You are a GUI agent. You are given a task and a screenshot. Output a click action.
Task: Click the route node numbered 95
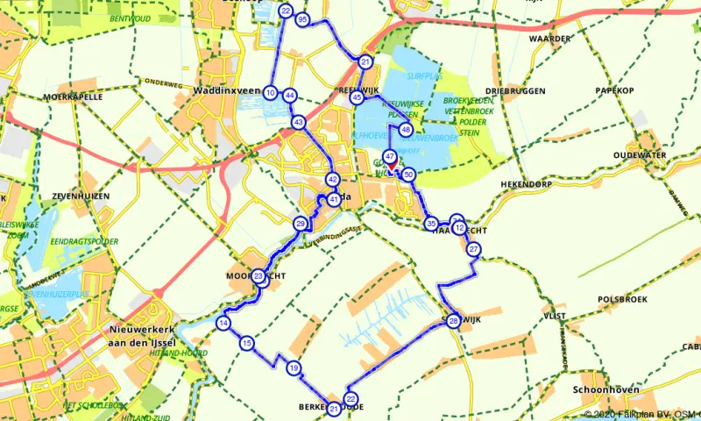pyautogui.click(x=303, y=19)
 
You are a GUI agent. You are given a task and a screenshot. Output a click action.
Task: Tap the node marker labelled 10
pyautogui.click(x=271, y=93)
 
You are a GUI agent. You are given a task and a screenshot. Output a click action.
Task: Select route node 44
pyautogui.click(x=289, y=96)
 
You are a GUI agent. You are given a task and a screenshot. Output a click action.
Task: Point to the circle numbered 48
pyautogui.click(x=405, y=130)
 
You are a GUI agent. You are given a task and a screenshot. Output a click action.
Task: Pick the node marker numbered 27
pyautogui.click(x=474, y=250)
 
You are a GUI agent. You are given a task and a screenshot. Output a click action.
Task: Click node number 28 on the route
pyautogui.click(x=453, y=322)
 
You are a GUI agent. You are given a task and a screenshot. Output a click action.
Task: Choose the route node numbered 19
pyautogui.click(x=294, y=368)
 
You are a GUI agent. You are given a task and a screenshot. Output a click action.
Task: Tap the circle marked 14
pyautogui.click(x=224, y=324)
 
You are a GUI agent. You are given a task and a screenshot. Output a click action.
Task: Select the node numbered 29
pyautogui.click(x=301, y=225)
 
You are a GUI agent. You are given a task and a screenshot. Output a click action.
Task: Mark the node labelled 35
pyautogui.click(x=431, y=225)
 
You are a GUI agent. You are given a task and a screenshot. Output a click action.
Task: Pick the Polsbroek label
pyautogui.click(x=621, y=299)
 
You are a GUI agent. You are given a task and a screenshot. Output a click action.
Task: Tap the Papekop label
pyautogui.click(x=613, y=89)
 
